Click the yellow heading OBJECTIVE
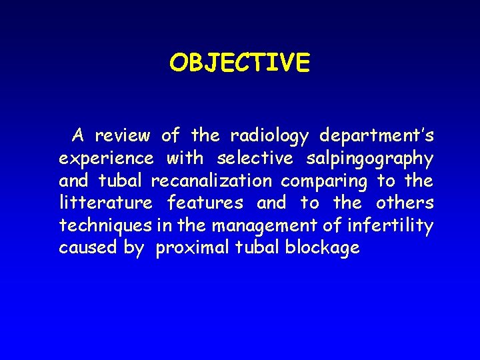(x=239, y=63)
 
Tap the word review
(x=122, y=136)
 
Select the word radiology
(x=269, y=136)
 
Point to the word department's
(x=377, y=136)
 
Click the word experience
(x=106, y=159)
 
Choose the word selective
(x=255, y=159)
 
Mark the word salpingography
(x=369, y=159)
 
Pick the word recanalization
(x=211, y=181)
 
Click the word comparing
(x=324, y=181)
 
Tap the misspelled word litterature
(x=106, y=203)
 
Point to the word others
(x=405, y=203)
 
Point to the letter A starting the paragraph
(x=78, y=136)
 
